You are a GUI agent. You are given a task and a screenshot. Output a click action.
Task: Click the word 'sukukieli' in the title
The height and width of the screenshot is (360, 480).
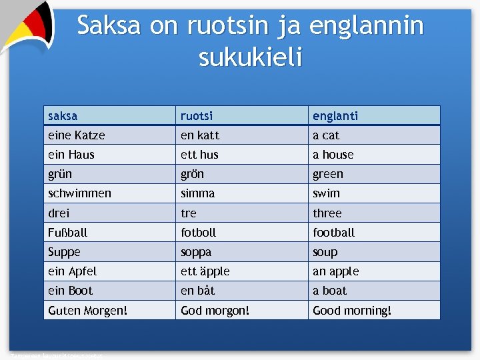coord(250,58)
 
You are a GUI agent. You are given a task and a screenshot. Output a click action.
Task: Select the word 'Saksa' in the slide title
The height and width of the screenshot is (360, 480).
coord(109,26)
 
